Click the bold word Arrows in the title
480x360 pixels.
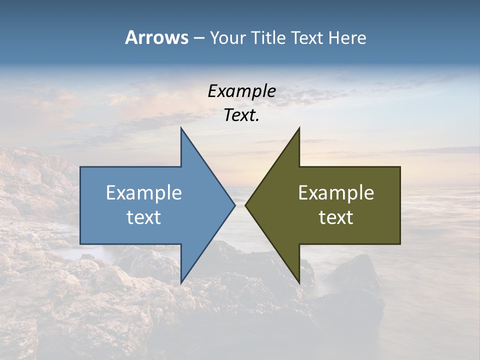[156, 37]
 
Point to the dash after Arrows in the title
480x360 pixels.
[198, 38]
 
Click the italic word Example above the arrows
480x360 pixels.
[242, 91]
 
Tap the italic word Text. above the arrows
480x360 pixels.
[242, 115]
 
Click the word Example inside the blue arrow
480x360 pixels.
[144, 192]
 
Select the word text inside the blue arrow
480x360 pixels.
[144, 217]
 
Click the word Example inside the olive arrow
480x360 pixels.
[336, 192]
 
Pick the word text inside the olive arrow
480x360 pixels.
[336, 217]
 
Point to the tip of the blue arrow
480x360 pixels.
[234, 205]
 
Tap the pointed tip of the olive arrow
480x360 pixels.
[245, 205]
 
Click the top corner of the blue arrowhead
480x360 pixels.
[181, 128]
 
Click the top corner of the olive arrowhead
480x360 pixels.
[299, 128]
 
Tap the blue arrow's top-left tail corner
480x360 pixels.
[81, 167]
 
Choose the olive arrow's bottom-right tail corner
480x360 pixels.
[399, 243]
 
